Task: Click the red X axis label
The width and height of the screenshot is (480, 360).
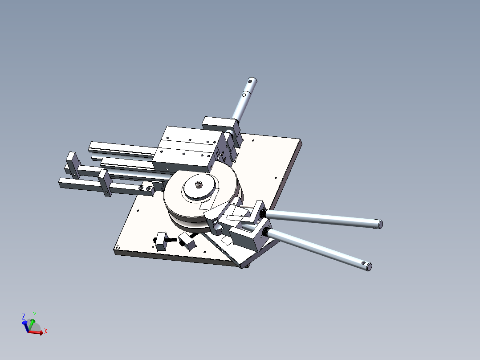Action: click(45, 331)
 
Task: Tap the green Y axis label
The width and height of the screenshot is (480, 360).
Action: click(35, 314)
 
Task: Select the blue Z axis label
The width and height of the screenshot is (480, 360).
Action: click(24, 316)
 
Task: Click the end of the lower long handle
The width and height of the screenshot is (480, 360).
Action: click(368, 266)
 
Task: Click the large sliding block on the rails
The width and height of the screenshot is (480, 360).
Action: click(187, 148)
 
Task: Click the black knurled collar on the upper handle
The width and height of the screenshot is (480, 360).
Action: click(263, 215)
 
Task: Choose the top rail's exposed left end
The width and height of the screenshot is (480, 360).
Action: click(92, 146)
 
